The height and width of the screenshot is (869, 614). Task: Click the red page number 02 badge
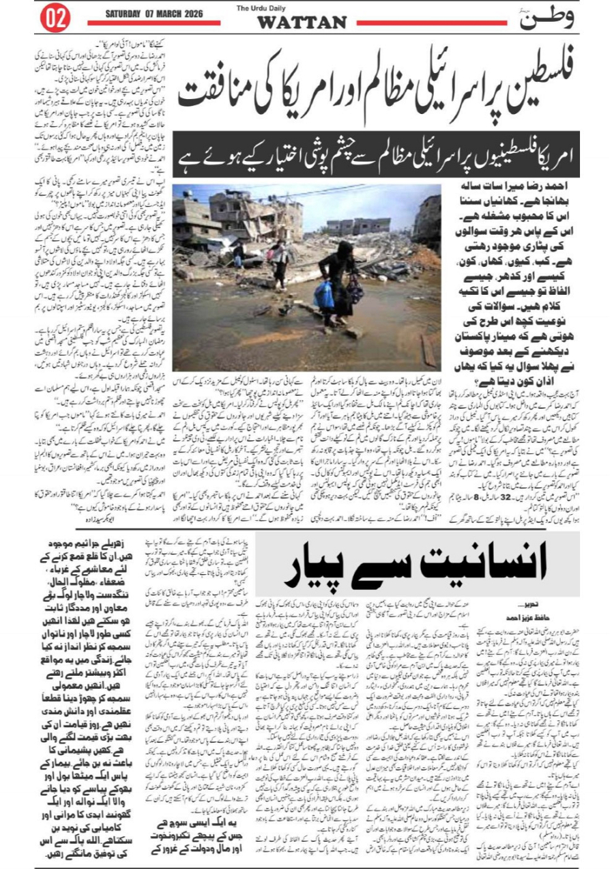click(55, 19)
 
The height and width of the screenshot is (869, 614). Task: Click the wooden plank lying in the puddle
click(428, 350)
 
